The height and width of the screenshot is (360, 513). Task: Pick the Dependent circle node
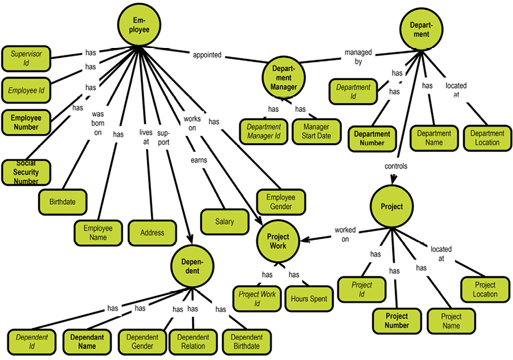(x=192, y=266)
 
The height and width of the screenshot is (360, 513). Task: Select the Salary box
(x=225, y=221)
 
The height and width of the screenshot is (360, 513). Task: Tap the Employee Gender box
(x=281, y=202)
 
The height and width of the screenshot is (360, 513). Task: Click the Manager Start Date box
(x=317, y=131)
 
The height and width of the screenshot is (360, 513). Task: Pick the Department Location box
(x=487, y=138)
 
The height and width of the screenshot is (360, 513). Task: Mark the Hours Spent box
(x=310, y=298)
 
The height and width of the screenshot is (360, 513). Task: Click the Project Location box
(x=485, y=289)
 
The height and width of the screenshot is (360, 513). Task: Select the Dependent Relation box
(x=193, y=341)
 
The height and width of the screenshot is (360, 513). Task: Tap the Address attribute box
(x=152, y=233)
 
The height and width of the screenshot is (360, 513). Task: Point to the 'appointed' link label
(x=207, y=55)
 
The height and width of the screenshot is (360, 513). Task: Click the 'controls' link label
(x=396, y=166)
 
